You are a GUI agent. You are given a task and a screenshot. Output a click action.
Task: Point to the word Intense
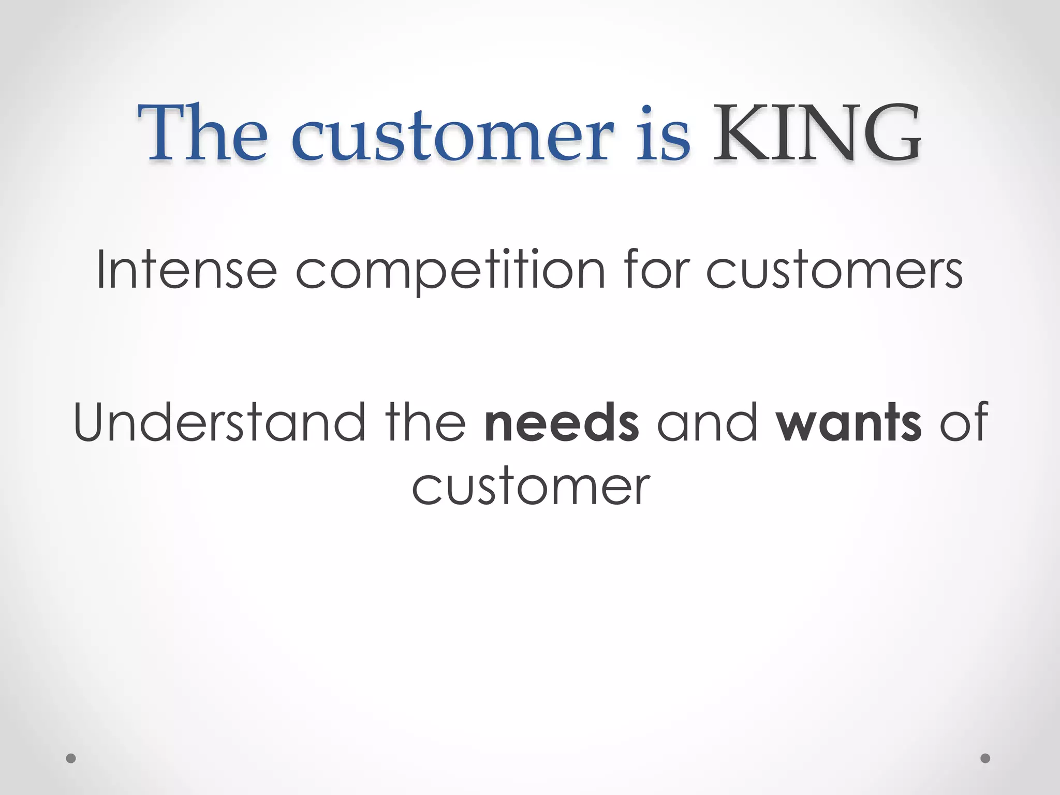pos(187,270)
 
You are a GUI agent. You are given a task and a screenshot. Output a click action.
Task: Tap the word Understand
pos(220,422)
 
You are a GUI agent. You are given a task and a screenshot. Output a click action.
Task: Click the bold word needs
pos(562,422)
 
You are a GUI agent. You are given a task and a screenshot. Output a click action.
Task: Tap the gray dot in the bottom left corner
pos(71,758)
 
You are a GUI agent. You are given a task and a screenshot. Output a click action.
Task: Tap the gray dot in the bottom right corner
pos(985,758)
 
